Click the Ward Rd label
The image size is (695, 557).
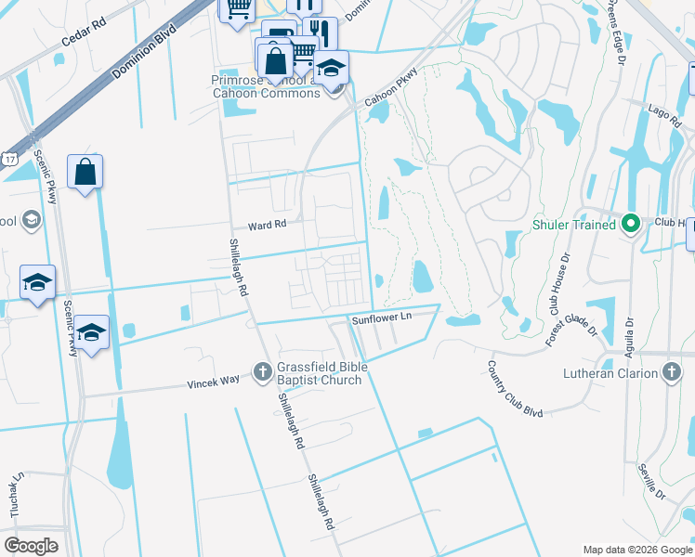pyautogui.click(x=267, y=226)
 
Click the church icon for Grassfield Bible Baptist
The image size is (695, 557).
pyautogui.click(x=263, y=373)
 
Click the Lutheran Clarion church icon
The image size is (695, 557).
pyautogui.click(x=672, y=373)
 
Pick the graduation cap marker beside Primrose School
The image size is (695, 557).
pyautogui.click(x=331, y=67)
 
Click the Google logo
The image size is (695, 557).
pyautogui.click(x=32, y=546)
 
